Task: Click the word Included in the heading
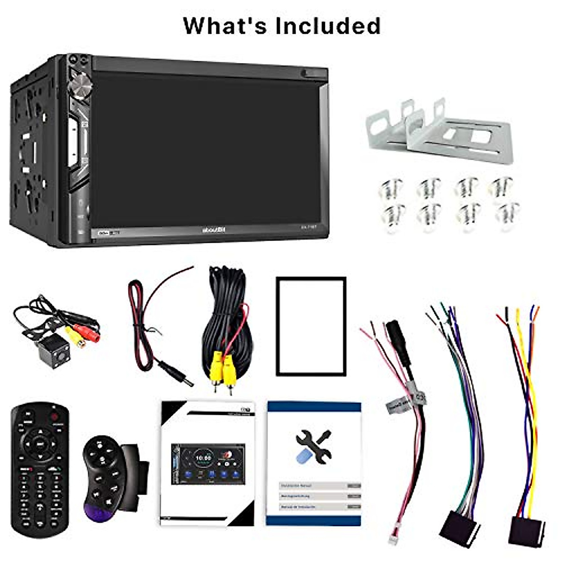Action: pos(328,26)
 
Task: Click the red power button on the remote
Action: pos(55,416)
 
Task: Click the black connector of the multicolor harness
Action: pos(459,527)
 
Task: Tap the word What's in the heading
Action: pos(225,26)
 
